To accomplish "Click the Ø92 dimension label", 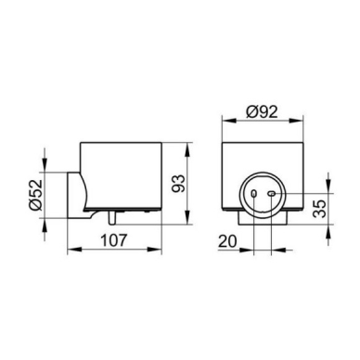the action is pos(262,111).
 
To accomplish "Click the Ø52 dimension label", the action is pos(35,195).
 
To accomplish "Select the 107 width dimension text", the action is pos(114,240).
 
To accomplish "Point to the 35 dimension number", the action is pos(319,209).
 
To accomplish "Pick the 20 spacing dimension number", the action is pos(227,241).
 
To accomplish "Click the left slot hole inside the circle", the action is pos(253,194).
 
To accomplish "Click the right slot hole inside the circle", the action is pos(272,194).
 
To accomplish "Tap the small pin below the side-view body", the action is pos(111,217).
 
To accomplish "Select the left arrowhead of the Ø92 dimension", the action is pos(229,121).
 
